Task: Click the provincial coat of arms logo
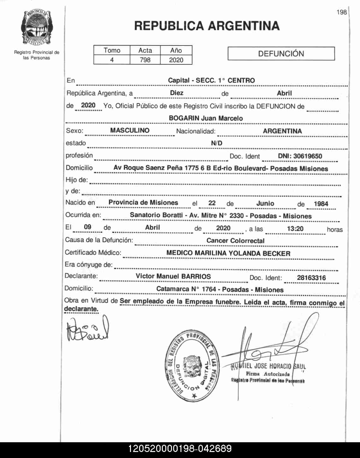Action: point(37,27)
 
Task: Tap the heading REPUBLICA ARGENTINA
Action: point(207,26)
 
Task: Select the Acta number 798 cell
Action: point(145,60)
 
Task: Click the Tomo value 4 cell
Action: point(112,60)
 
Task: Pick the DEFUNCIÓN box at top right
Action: point(281,54)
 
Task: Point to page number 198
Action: point(341,12)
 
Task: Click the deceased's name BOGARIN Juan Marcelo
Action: point(206,118)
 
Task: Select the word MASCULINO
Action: point(130,130)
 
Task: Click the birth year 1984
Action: point(321,204)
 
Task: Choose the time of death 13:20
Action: point(295,229)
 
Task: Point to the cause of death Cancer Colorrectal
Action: point(235,241)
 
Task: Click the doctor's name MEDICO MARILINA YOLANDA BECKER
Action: point(228,253)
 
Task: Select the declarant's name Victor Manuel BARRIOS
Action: point(173,276)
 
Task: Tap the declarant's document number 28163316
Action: point(311,278)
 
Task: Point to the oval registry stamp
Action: point(192,366)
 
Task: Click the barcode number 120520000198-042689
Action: point(180,449)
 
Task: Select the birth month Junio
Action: point(265,204)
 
